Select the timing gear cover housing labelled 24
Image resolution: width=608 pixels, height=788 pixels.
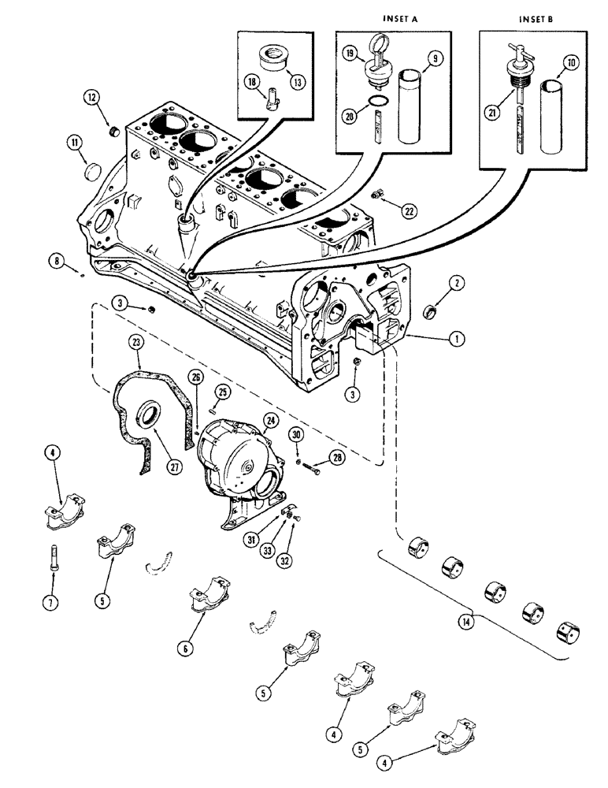tap(235, 457)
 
